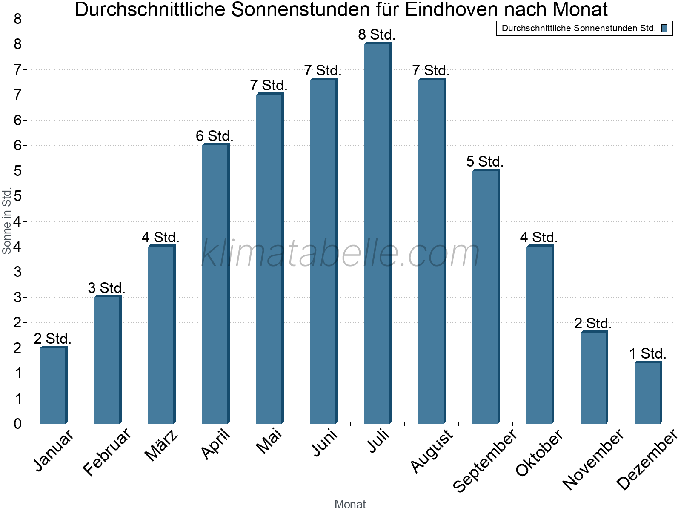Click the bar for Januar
[53, 385]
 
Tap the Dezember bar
[647, 393]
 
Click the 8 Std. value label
[377, 35]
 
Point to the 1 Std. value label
[647, 354]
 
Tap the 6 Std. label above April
[215, 136]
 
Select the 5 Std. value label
[485, 162]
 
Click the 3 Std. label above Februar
[106, 288]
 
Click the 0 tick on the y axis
[17, 424]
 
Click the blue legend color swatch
[664, 29]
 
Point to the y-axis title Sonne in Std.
[6, 221]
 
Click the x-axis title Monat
[350, 504]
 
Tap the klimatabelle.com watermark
[340, 253]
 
